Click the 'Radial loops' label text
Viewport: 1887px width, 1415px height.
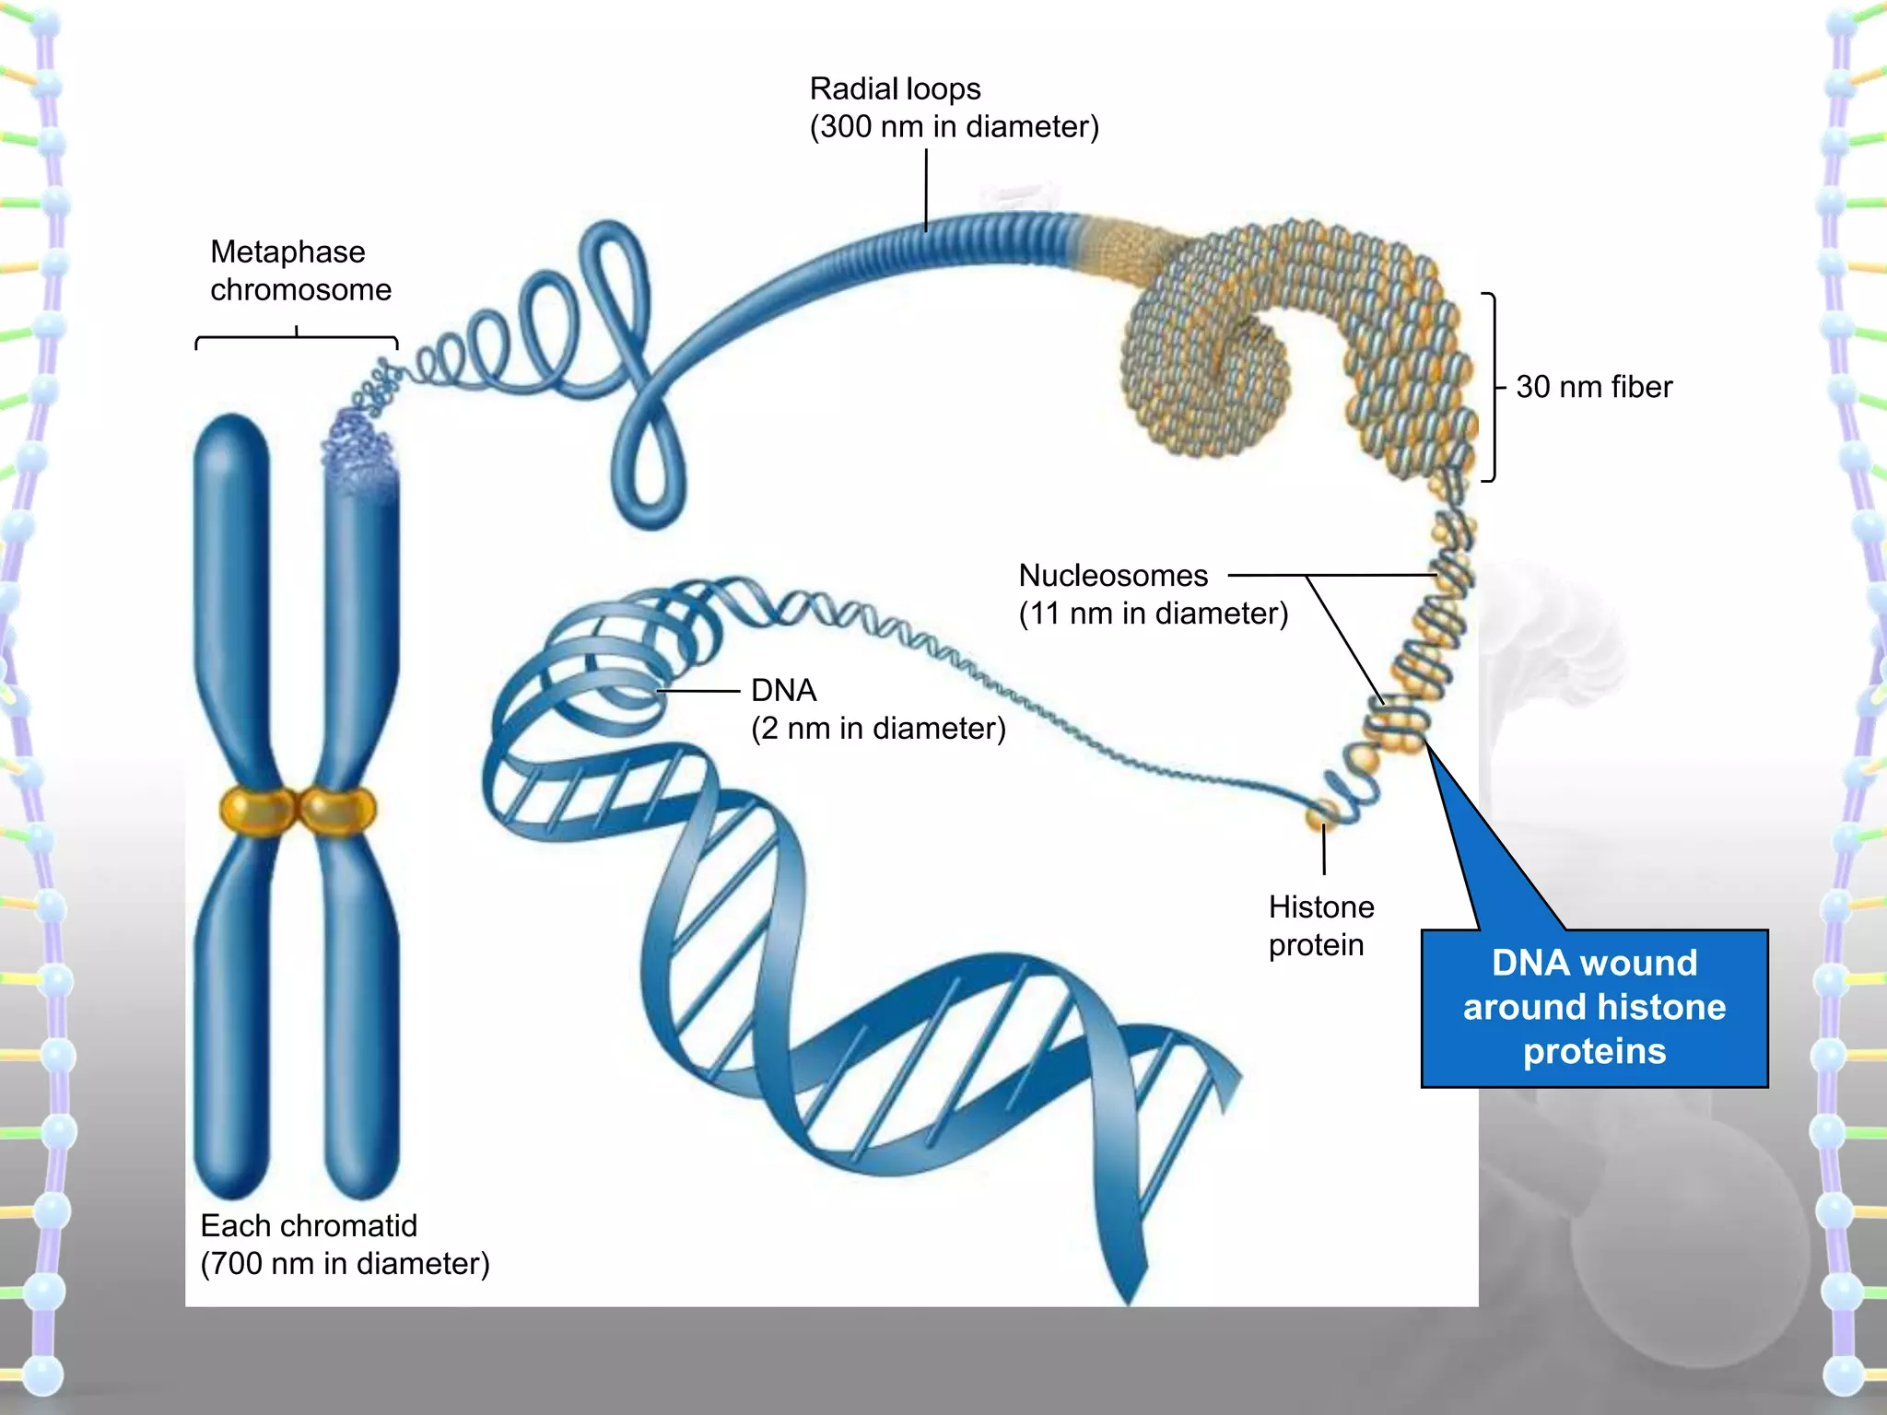[x=895, y=89]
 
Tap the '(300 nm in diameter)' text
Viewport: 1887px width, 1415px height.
[x=954, y=127]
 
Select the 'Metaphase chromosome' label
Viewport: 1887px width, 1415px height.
[x=300, y=271]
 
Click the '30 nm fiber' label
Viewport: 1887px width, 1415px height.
[x=1594, y=387]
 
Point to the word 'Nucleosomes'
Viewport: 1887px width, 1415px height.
[x=1113, y=576]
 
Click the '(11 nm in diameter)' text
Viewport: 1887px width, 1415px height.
[x=1153, y=614]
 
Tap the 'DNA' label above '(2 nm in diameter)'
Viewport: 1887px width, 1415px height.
[x=783, y=690]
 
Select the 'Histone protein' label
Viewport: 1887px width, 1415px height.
[x=1320, y=926]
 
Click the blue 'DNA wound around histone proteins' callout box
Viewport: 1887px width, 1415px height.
[x=1594, y=1008]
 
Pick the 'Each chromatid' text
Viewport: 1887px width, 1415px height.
[x=309, y=1226]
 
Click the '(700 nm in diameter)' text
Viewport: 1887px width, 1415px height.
[x=345, y=1264]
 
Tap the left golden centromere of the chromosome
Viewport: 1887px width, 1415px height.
[x=257, y=810]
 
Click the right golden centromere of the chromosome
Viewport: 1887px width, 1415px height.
[x=338, y=810]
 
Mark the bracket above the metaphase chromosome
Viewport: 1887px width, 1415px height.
[x=297, y=339]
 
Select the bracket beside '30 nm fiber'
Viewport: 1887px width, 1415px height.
[x=1492, y=387]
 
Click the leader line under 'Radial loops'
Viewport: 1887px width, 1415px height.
[x=926, y=189]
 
